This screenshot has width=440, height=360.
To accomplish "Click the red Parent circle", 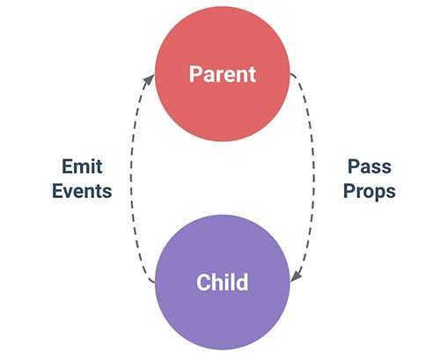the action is pos(223,74).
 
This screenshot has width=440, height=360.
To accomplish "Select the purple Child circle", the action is pos(223,283).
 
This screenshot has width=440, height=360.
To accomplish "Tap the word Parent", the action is pos(223,74).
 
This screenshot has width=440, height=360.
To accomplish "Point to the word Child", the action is pos(223,282).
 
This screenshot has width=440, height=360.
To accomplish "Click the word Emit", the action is pos(82,166).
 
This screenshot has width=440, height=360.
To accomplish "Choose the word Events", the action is pos(82,191).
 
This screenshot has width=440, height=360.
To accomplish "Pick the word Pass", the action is pos(370,166).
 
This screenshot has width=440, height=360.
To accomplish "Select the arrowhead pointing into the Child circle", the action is pos(297,276).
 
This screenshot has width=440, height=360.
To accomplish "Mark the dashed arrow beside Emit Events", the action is pos(131,179).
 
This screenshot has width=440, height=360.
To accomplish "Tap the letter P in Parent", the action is pos(195,74).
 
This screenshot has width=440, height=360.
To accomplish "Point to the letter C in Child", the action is pos(203,283).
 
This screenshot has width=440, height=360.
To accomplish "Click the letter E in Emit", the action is pos(67,166).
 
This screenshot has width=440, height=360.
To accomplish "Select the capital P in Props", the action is pos(349,191).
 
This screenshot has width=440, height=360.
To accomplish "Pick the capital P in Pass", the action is pos(354,166).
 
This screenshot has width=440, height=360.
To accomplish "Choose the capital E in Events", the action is pos(57,191).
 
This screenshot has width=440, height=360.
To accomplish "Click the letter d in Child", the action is pos(241,283).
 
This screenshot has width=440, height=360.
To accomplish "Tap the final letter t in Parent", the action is pos(253,75).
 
